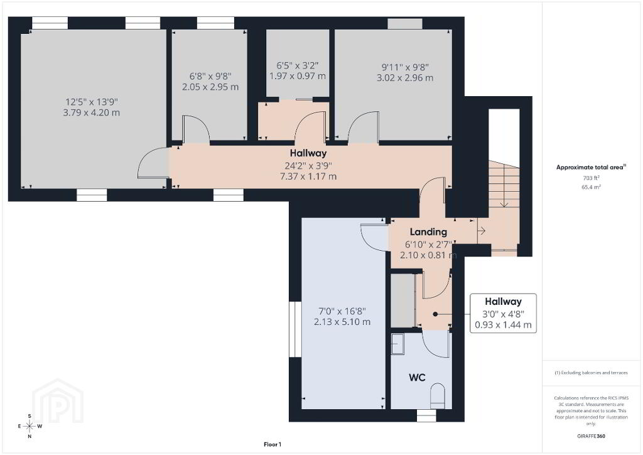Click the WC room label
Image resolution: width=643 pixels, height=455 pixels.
pyautogui.click(x=417, y=378)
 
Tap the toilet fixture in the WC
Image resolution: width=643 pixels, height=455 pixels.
pyautogui.click(x=438, y=396)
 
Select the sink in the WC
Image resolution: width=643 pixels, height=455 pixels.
pyautogui.click(x=397, y=344)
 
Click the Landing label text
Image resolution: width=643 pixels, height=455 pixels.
pyautogui.click(x=428, y=232)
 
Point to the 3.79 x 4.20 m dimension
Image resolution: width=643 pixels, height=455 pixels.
pyautogui.click(x=92, y=112)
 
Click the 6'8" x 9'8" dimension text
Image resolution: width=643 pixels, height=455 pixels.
pyautogui.click(x=210, y=76)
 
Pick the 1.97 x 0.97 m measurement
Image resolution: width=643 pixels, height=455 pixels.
pyautogui.click(x=297, y=76)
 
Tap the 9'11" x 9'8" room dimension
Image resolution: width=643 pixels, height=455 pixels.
pyautogui.click(x=405, y=67)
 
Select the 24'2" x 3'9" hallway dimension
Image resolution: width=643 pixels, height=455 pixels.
pyautogui.click(x=308, y=166)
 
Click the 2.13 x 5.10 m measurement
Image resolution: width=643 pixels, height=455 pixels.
pyautogui.click(x=342, y=322)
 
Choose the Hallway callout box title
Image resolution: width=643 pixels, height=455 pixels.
pyautogui.click(x=503, y=302)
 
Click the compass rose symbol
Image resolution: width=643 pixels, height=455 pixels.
pyautogui.click(x=30, y=426)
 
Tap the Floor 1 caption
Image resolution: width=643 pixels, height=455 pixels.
pyautogui.click(x=273, y=444)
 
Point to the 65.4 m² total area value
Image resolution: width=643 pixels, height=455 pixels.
pyautogui.click(x=591, y=187)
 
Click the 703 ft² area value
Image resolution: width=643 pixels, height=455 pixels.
pyautogui.click(x=592, y=178)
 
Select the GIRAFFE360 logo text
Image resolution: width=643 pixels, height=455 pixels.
pyautogui.click(x=591, y=436)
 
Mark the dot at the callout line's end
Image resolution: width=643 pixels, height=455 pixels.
pyautogui.click(x=435, y=314)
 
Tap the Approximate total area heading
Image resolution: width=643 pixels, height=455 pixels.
pyautogui.click(x=591, y=167)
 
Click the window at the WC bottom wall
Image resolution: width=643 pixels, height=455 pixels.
pyautogui.click(x=426, y=415)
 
